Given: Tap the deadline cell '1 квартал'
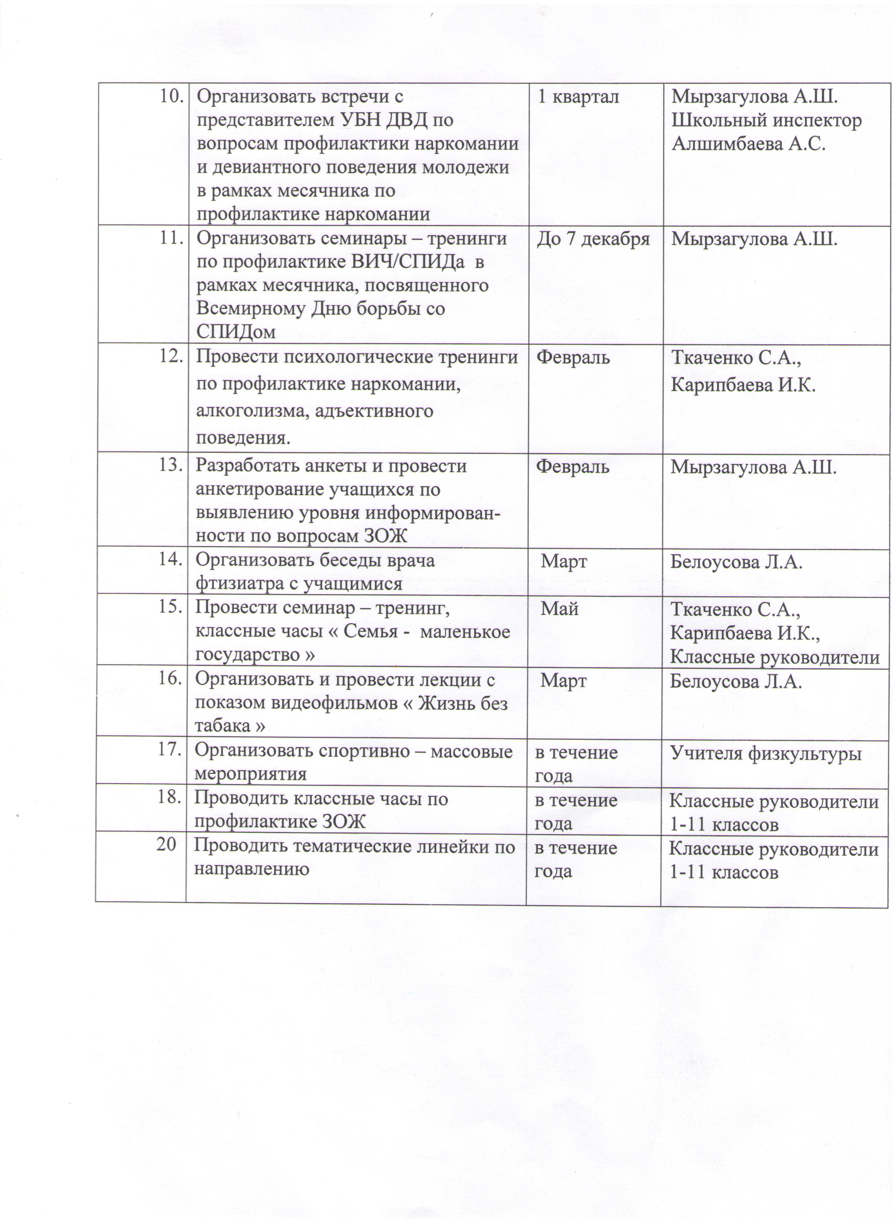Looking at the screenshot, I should tap(578, 97).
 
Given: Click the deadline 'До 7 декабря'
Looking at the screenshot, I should tap(593, 239).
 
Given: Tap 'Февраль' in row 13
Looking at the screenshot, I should tap(573, 466).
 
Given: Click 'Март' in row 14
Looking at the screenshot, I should tap(564, 562).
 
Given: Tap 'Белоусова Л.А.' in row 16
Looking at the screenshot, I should tap(736, 682).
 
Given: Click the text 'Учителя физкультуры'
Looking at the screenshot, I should tap(766, 753).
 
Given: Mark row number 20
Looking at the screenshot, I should tap(166, 845).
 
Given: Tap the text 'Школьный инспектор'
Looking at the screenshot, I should tap(766, 120).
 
